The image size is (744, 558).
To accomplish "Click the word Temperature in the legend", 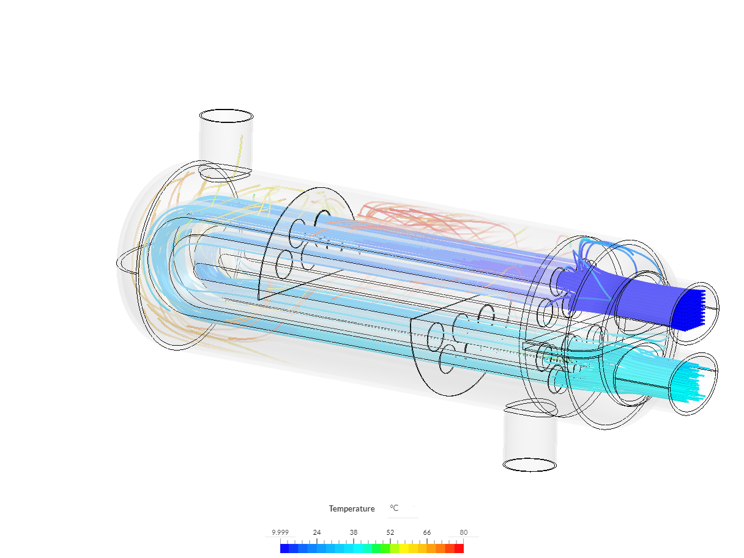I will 351,509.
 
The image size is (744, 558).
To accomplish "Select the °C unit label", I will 394,508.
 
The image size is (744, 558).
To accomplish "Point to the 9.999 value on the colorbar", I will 280,532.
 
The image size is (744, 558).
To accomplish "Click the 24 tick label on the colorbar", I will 317,532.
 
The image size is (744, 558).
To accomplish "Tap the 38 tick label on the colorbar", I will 354,532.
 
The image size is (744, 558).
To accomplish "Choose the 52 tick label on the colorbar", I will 390,532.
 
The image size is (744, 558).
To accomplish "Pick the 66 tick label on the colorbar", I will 427,532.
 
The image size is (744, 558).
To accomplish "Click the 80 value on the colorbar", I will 464,532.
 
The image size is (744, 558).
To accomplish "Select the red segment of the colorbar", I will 459,549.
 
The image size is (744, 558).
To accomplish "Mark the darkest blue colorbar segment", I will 285,549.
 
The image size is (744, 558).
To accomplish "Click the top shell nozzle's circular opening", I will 226,116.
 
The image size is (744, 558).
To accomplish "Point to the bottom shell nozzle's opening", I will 529,465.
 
